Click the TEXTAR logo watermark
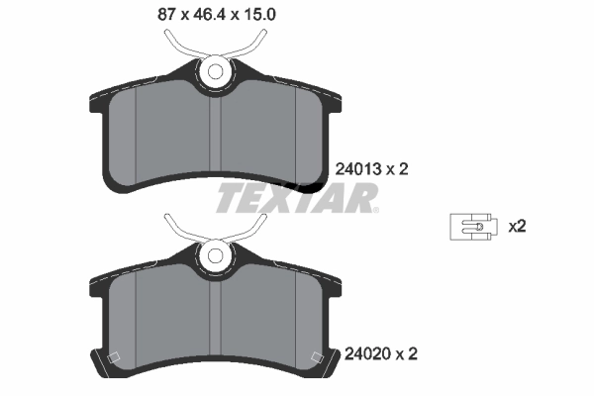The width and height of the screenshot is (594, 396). point(296,198)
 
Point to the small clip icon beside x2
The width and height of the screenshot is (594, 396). point(471,227)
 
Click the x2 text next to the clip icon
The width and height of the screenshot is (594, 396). point(516,227)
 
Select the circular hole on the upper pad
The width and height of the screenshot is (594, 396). point(214,72)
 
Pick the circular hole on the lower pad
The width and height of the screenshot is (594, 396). point(214,256)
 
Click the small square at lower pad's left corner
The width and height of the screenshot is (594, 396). point(112,358)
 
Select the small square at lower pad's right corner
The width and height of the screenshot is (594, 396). point(318,358)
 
